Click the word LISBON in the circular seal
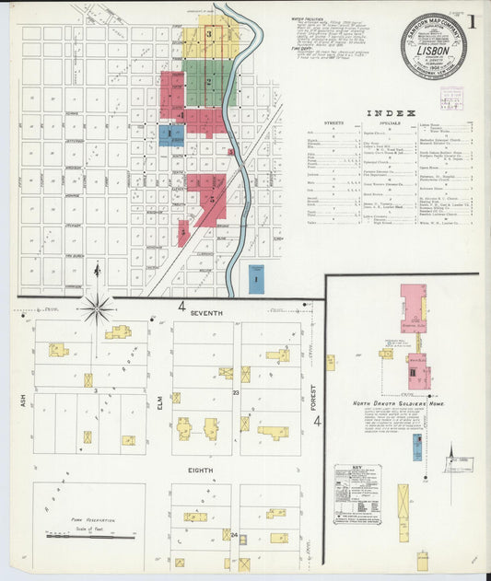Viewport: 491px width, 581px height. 433,53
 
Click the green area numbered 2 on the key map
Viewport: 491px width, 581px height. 209,82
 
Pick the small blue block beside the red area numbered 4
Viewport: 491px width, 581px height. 170,135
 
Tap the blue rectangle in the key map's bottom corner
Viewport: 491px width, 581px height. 255,277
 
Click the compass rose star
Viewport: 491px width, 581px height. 97,308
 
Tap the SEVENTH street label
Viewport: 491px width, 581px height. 206,314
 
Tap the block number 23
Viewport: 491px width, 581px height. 236,393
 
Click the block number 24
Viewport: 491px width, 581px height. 234,534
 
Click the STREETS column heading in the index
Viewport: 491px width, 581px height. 333,122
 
